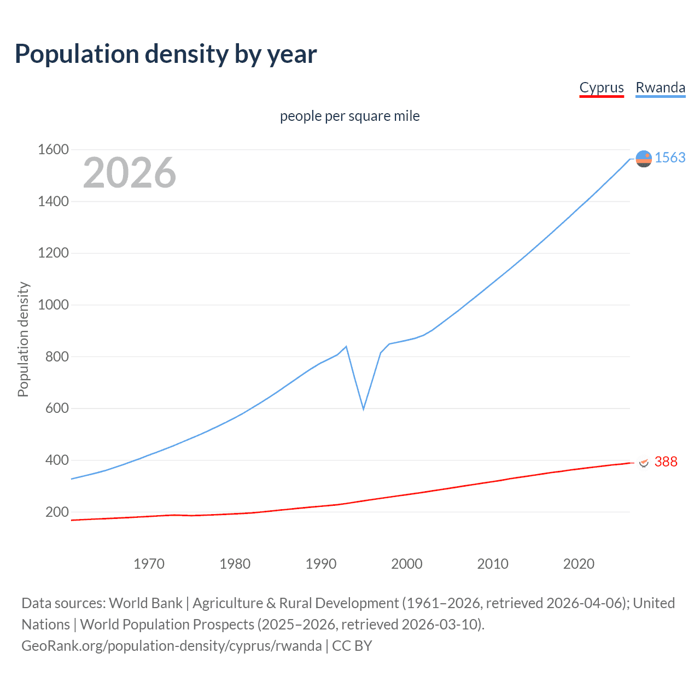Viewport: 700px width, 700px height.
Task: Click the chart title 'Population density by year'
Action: coord(166,54)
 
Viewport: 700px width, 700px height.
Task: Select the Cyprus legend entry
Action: coord(602,88)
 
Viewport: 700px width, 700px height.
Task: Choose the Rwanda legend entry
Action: coord(660,88)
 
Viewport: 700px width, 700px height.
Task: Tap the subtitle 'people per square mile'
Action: coord(349,116)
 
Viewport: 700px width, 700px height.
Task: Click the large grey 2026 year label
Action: coord(130,173)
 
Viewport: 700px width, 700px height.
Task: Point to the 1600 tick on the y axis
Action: coord(53,150)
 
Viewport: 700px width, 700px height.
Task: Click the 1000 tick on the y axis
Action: coord(53,305)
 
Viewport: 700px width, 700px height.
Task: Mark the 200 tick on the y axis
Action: coord(57,512)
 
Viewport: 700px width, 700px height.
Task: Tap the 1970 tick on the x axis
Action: coord(149,564)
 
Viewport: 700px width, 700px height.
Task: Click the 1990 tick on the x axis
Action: coord(321,564)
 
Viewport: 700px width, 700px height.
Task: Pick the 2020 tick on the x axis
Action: coord(579,564)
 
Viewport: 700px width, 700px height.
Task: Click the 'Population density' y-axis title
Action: coord(23,339)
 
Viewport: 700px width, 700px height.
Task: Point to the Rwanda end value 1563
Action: coord(670,158)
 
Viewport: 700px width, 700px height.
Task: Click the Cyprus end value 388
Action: coord(666,462)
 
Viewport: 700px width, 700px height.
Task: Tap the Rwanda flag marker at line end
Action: coord(644,159)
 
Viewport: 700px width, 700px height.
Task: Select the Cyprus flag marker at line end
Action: coord(644,463)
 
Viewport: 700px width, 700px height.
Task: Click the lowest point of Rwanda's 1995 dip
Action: coord(363,409)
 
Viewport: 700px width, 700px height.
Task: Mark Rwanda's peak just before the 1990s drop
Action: coord(346,346)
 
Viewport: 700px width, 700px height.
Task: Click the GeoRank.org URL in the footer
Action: coord(171,646)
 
